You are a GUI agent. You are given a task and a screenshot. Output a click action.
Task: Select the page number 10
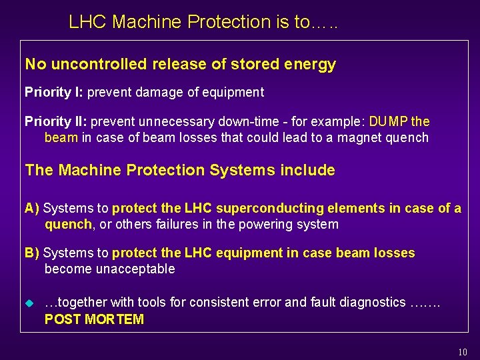click(463, 352)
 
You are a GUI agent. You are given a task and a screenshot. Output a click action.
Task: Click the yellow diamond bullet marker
click(29, 303)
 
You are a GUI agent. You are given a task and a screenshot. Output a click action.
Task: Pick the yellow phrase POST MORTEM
click(94, 319)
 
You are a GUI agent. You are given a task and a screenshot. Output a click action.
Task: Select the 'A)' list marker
click(32, 209)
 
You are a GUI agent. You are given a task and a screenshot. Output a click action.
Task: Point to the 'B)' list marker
click(32, 253)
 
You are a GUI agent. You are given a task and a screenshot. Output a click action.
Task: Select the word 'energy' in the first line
click(312, 65)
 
